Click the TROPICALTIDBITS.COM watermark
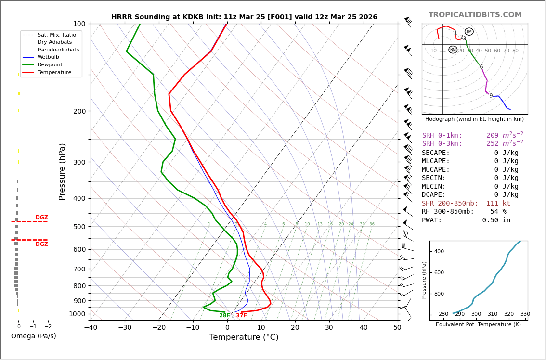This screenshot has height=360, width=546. click(x=475, y=15)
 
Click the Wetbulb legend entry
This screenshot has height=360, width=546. click(x=48, y=57)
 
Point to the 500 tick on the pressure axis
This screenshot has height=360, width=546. click(x=79, y=227)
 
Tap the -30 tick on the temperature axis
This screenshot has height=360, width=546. click(x=125, y=328)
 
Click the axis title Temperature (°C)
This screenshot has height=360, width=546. click(x=244, y=337)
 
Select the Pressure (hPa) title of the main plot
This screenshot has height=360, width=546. click(x=63, y=171)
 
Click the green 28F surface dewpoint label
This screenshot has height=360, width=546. click(x=224, y=316)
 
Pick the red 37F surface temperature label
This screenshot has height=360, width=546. click(x=241, y=316)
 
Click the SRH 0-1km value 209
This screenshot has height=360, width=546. click(x=492, y=136)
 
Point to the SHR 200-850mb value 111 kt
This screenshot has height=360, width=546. click(x=498, y=204)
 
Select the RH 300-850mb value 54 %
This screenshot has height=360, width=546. click(x=498, y=212)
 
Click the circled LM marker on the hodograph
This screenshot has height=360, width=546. click(x=469, y=32)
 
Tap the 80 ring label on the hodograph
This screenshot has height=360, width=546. click(x=515, y=51)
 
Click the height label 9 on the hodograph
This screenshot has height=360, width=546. click(x=491, y=96)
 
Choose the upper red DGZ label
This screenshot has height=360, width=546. click(x=41, y=218)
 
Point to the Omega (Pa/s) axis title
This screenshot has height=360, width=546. click(x=33, y=336)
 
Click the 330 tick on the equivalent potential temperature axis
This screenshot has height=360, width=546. click(x=525, y=314)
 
